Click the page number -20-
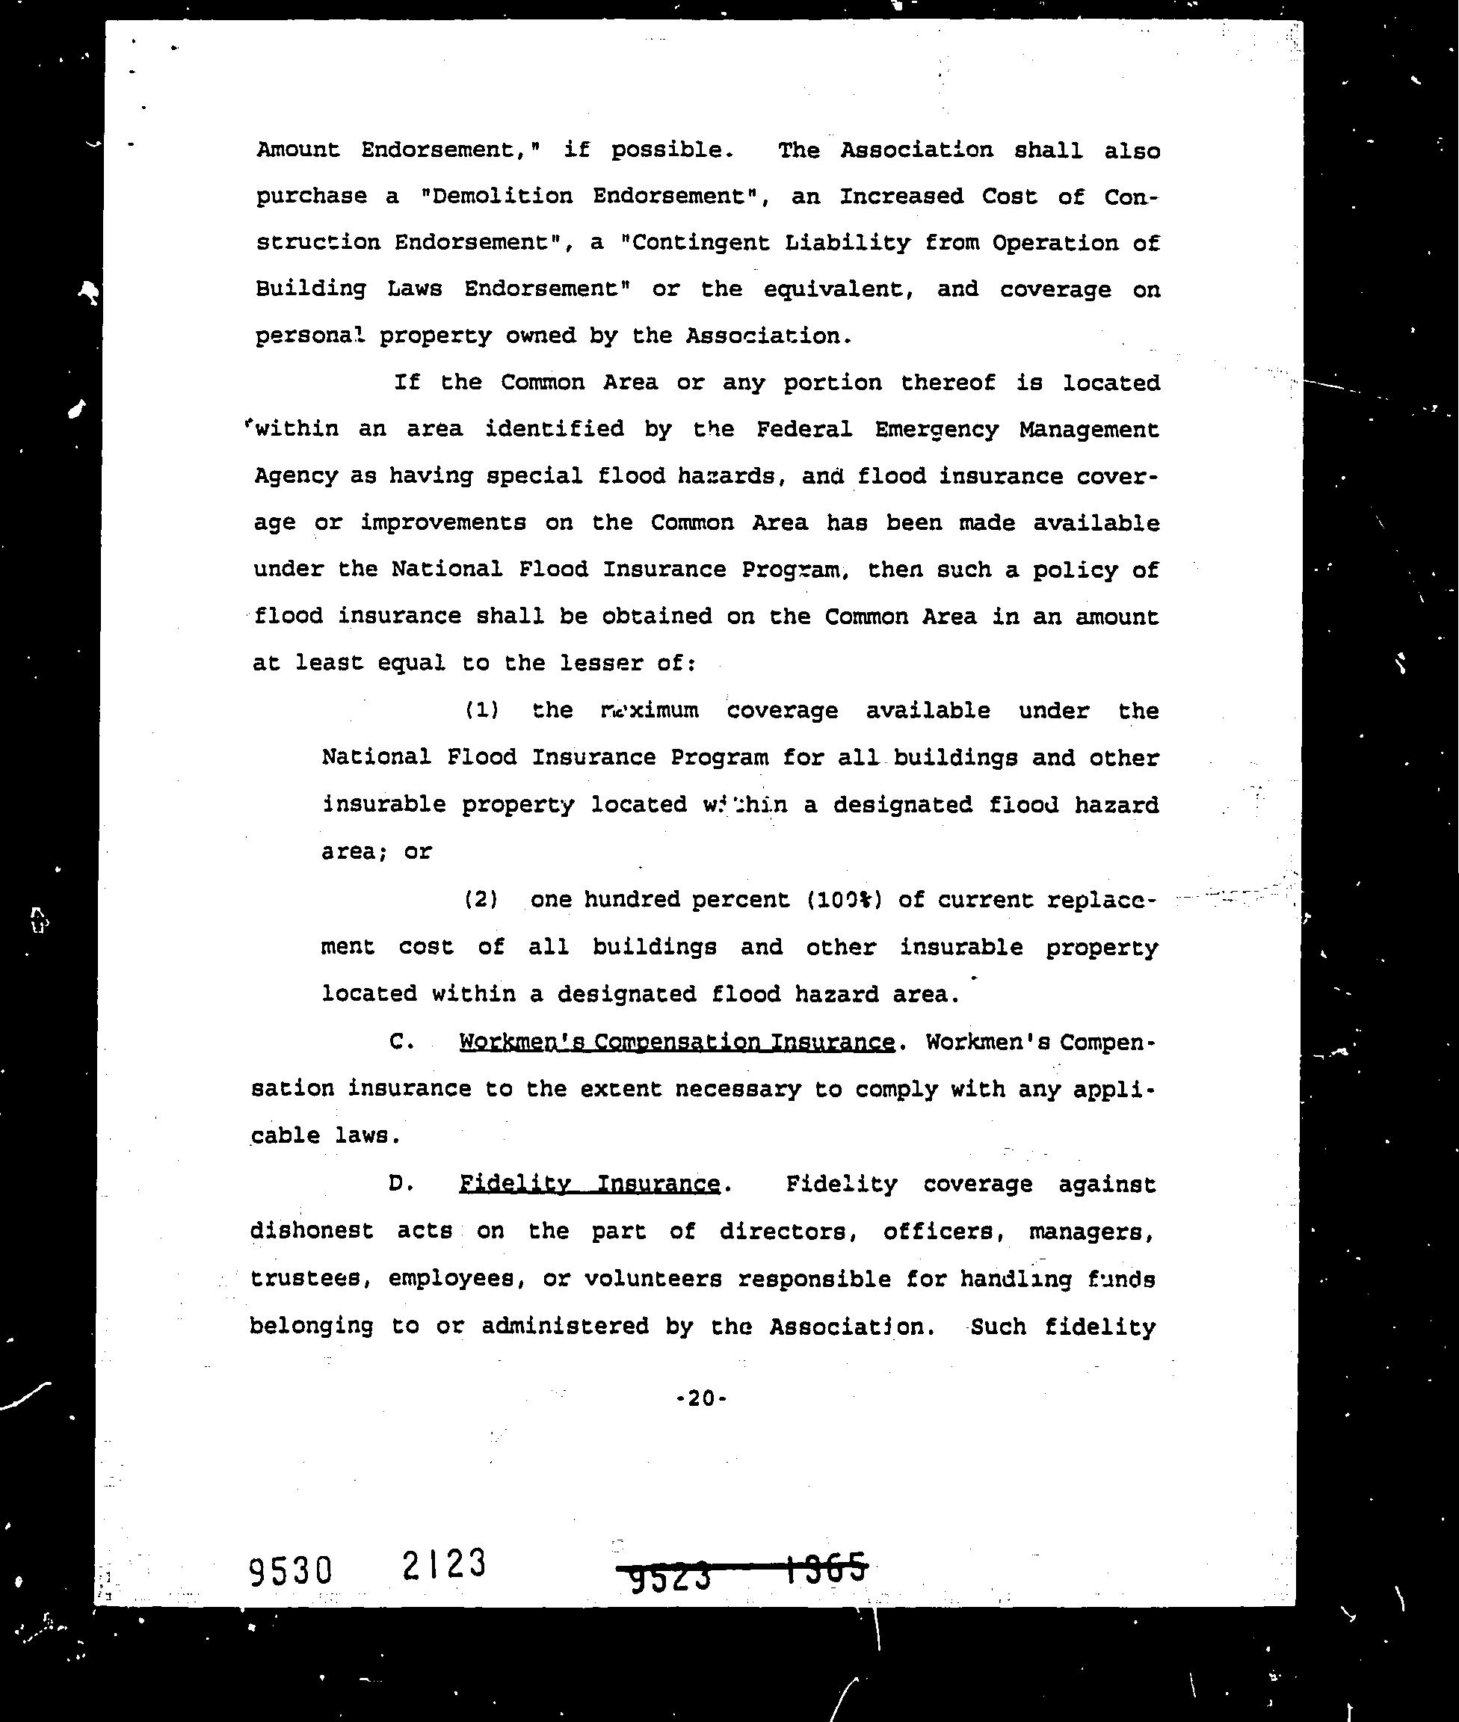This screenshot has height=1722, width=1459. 701,1398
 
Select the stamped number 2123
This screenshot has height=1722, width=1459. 444,1564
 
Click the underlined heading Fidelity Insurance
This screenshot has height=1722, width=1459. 590,1185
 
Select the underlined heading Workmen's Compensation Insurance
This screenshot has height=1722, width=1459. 676,1042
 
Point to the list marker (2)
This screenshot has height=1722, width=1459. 481,899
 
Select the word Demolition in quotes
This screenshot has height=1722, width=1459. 502,196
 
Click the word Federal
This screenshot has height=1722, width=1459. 804,429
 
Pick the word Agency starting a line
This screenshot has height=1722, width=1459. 294,476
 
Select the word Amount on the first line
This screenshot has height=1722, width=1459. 297,149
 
